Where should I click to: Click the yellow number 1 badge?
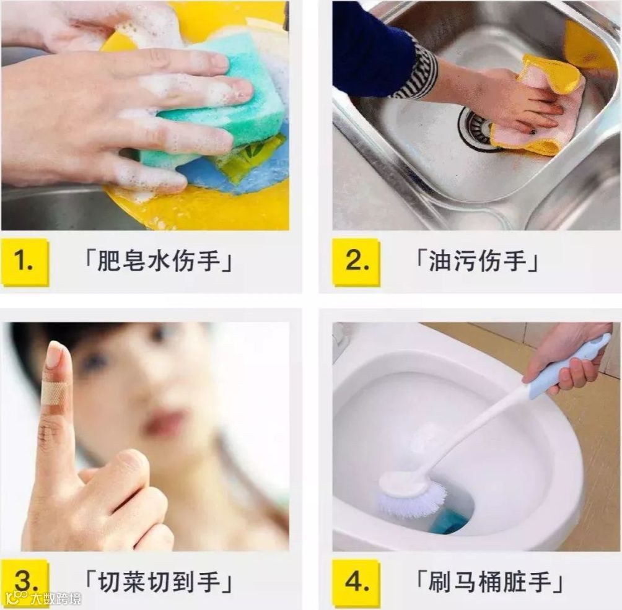25,263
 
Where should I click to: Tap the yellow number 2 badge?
356,263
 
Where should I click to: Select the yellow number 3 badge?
25,583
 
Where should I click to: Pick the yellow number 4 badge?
356,583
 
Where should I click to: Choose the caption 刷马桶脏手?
489,582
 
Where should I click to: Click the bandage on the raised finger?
53,393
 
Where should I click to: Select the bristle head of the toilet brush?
412,496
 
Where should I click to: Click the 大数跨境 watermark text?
56,598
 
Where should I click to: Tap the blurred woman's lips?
166,422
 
